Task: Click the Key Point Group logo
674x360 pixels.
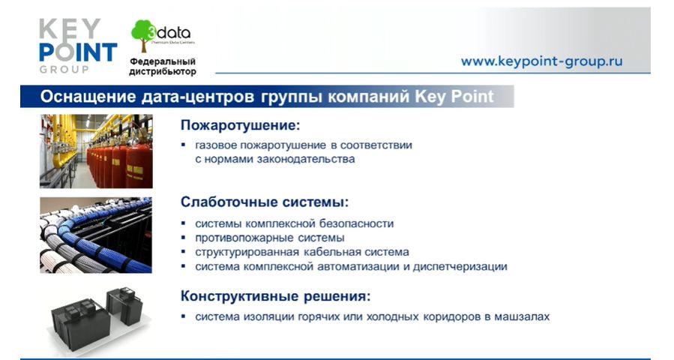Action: (78, 46)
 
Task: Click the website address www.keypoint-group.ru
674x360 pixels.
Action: (541, 61)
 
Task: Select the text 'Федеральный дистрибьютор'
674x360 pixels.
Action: (163, 67)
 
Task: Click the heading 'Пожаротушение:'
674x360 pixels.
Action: (240, 125)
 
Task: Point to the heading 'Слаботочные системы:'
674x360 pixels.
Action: (265, 202)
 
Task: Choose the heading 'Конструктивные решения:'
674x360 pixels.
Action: (276, 296)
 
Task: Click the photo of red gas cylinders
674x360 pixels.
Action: (96, 151)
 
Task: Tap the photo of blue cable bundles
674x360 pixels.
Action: (96, 235)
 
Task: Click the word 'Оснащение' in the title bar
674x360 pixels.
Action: (88, 96)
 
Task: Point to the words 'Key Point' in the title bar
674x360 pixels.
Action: (454, 96)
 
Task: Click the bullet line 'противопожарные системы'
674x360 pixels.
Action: (269, 238)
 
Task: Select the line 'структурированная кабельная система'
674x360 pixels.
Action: (301, 251)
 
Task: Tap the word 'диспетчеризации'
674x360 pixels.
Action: (460, 266)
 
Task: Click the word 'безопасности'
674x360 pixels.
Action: (356, 223)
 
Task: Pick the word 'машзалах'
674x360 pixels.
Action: (522, 316)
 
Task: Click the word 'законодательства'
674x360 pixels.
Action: (306, 159)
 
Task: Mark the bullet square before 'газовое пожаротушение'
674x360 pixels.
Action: (184, 145)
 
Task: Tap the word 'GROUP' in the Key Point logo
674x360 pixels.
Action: (64, 69)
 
